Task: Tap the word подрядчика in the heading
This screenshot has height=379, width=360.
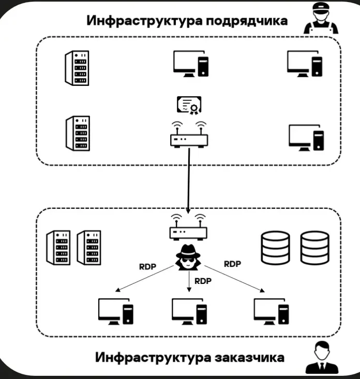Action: pyautogui.click(x=247, y=21)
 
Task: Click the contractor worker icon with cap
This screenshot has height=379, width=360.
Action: pyautogui.click(x=321, y=20)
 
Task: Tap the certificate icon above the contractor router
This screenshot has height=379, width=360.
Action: pyautogui.click(x=189, y=105)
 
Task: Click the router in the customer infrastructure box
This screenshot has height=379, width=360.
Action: pyautogui.click(x=188, y=228)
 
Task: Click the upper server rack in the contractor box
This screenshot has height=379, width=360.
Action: pyautogui.click(x=77, y=68)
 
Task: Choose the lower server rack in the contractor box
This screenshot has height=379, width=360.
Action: pyautogui.click(x=78, y=133)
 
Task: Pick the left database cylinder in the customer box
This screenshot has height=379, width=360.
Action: pyautogui.click(x=276, y=248)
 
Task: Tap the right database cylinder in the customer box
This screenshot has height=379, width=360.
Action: pyautogui.click(x=314, y=248)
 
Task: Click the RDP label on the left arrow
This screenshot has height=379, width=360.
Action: pyautogui.click(x=147, y=267)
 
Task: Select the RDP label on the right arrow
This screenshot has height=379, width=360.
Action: pyautogui.click(x=232, y=264)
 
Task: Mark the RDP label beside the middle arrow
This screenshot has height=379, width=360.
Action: pyautogui.click(x=203, y=281)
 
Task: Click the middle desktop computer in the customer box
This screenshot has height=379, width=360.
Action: pyautogui.click(x=189, y=311)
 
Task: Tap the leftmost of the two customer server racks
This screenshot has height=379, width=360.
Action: pyautogui.click(x=58, y=248)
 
